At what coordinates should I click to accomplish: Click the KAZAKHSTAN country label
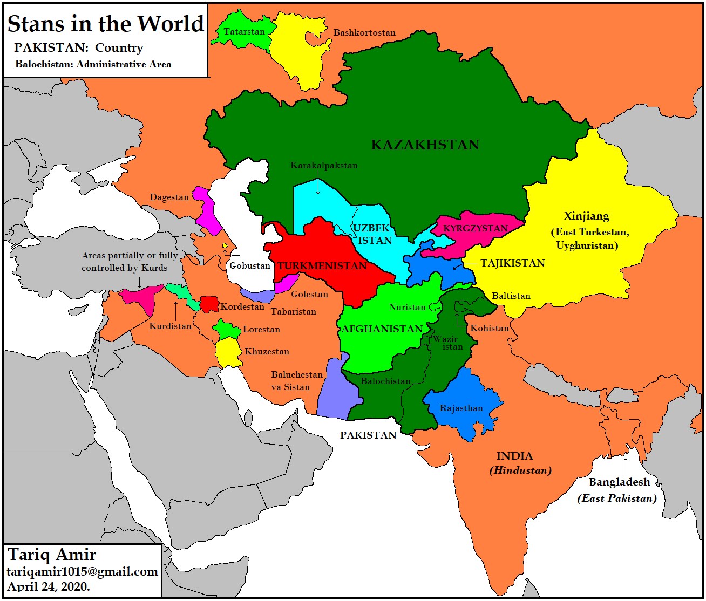pos(425,145)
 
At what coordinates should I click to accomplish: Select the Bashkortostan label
pos(364,33)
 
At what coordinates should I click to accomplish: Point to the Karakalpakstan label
pos(324,165)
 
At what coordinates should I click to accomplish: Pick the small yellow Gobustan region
pos(225,246)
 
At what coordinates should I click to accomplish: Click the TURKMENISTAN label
pos(322,265)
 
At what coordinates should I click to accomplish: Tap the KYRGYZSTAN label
pos(475,228)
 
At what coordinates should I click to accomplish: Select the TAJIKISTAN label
pos(512,263)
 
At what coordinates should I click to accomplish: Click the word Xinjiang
pos(586,216)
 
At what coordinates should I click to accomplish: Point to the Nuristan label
pos(407,307)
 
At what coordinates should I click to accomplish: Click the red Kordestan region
pos(208,304)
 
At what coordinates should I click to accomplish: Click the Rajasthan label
pos(461,408)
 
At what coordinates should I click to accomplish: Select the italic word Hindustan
pos(520,470)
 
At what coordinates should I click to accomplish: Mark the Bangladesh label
pos(619,482)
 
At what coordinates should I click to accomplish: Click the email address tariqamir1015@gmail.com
pos(82,572)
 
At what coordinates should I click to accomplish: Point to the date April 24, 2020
pos(49,587)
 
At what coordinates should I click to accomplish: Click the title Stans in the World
pos(106,24)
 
